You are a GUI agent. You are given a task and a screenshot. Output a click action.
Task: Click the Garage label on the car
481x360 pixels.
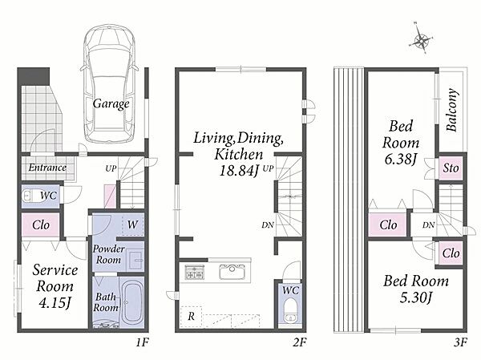111,103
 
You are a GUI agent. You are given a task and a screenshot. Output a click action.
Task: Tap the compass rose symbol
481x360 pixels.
422,39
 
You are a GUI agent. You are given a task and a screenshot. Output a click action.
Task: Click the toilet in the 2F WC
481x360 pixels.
289,310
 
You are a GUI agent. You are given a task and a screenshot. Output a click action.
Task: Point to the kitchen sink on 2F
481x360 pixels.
232,272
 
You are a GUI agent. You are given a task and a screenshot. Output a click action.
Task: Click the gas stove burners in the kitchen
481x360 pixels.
194,273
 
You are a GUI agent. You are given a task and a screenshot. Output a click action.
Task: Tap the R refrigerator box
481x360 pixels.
191,316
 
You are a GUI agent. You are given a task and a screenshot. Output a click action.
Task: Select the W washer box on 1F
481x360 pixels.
132,225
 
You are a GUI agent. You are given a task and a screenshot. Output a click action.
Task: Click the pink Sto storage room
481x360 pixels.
451,168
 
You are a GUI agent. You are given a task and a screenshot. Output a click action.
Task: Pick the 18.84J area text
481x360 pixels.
239,171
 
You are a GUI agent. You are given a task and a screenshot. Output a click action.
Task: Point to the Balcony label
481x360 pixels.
452,110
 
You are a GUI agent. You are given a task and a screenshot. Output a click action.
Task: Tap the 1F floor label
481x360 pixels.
143,342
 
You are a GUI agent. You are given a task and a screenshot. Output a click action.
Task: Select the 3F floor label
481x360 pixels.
460,342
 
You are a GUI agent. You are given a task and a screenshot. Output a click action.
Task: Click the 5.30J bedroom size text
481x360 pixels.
415,297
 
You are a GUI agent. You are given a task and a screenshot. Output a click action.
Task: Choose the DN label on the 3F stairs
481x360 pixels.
428,225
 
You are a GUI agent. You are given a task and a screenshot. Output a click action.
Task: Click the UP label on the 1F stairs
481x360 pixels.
111,168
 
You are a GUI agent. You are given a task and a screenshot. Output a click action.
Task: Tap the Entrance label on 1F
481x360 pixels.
47,168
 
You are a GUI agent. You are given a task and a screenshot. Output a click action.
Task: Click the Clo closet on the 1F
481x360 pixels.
41,225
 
